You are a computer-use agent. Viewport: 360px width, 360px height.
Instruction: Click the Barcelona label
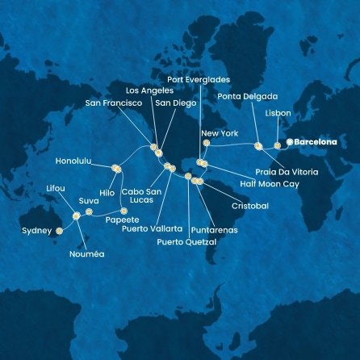[316, 142]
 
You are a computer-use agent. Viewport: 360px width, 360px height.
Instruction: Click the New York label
[220, 132]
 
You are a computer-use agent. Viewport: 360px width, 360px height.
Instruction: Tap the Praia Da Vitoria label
[297, 172]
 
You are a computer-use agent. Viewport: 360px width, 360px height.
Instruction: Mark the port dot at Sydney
[59, 231]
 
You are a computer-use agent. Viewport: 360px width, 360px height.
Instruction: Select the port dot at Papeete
[123, 211]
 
